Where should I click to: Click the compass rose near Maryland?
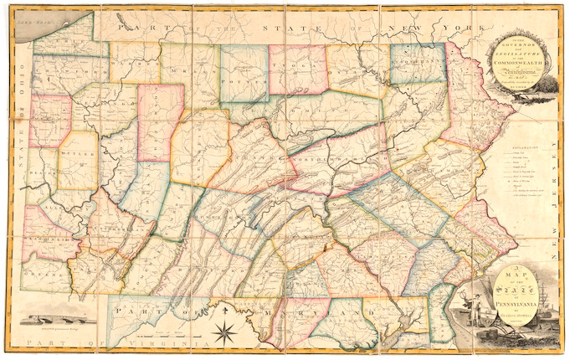pyautogui.click(x=228, y=326)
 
